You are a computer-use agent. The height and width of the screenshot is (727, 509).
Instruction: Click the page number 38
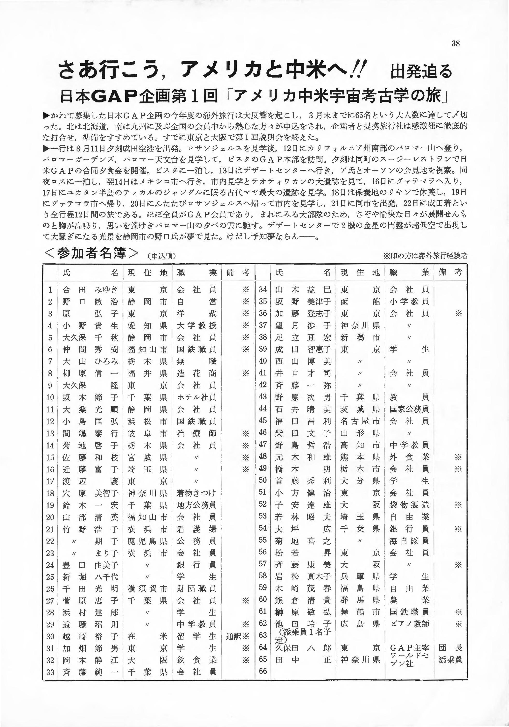point(455,44)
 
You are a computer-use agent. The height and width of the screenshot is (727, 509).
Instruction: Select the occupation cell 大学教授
point(196,325)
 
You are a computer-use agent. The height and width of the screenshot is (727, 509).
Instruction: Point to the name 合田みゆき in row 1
point(91,289)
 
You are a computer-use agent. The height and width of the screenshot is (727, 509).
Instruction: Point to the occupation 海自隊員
point(409,540)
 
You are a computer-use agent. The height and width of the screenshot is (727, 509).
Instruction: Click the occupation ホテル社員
point(196,397)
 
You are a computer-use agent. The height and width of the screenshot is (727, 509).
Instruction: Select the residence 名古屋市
point(360,421)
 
